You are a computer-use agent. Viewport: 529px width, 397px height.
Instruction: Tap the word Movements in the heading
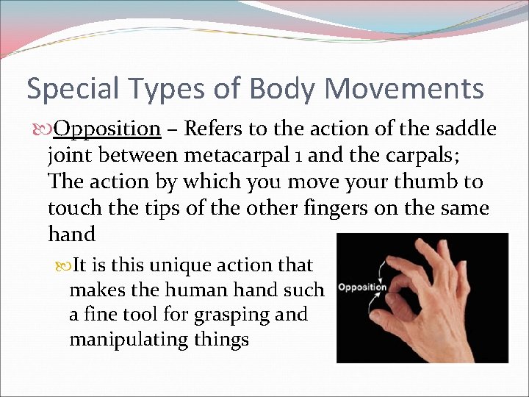tap(403, 89)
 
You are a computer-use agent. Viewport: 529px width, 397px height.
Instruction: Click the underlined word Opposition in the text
tap(107, 129)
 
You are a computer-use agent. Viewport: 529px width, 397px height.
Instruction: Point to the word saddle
tap(464, 129)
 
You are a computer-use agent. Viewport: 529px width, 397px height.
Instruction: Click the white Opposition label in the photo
tap(361, 287)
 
